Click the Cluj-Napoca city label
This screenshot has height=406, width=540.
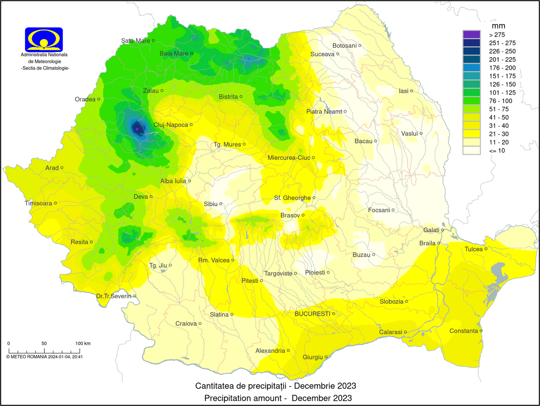click(171, 125)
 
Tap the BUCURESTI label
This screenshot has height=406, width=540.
click(312, 314)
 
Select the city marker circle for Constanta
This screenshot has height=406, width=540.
click(481, 331)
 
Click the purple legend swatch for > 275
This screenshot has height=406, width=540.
click(472, 35)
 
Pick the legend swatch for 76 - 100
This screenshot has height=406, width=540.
click(472, 101)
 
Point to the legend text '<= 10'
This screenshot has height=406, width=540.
click(497, 151)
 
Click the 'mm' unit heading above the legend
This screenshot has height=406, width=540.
click(499, 26)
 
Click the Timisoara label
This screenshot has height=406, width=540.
click(38, 203)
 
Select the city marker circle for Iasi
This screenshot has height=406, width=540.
click(412, 91)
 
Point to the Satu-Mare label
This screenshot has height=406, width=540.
click(135, 41)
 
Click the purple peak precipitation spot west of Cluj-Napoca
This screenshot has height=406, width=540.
click(137, 129)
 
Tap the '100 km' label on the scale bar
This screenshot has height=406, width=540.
click(83, 343)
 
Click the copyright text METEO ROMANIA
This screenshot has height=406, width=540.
click(44, 357)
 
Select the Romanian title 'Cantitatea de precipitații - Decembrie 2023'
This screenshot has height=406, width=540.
click(275, 386)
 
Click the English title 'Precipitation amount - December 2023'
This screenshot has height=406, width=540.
click(278, 398)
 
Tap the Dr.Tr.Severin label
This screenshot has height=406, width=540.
click(114, 296)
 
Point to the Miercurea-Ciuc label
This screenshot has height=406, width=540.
click(289, 157)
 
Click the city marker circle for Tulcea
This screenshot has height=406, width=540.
click(486, 249)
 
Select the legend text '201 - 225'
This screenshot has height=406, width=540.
click(502, 60)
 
